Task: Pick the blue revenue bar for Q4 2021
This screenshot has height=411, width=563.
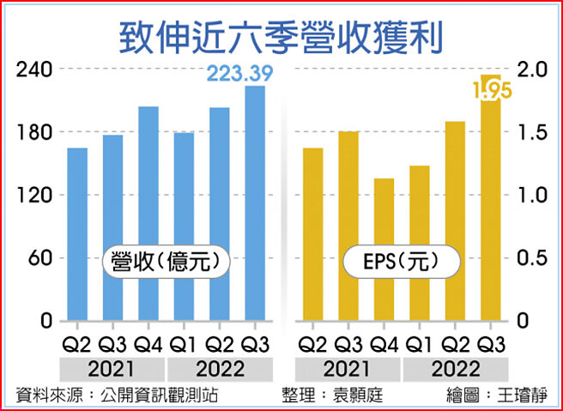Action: tap(148, 214)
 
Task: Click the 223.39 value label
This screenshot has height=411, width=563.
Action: tap(240, 76)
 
